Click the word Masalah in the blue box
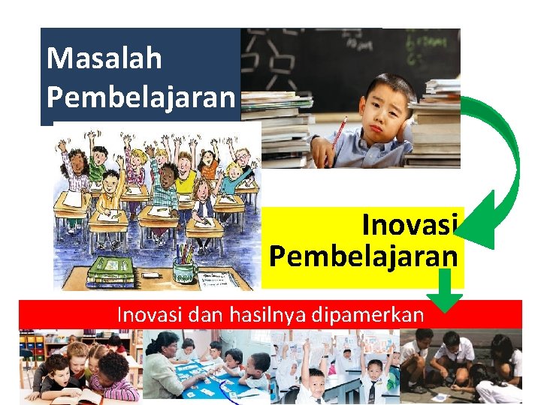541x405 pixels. pos(104,58)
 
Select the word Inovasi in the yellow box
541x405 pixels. pos(410,224)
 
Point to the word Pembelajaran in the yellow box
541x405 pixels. pos(364,256)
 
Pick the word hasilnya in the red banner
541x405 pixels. pos(259,315)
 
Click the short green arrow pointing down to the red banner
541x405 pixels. pos(449,292)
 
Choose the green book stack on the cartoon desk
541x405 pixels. pos(110,271)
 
